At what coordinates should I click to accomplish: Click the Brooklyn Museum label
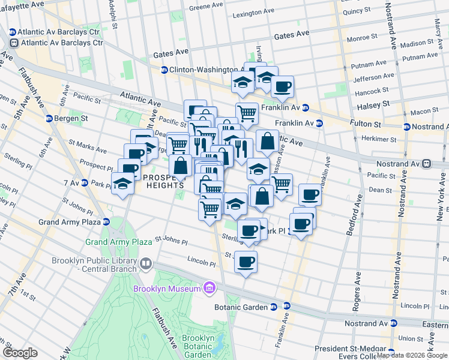[167, 289]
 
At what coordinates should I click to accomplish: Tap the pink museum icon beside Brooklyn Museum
[208, 289]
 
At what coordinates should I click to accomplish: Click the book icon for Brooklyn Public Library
[145, 264]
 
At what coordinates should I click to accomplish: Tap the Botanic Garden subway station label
[240, 307]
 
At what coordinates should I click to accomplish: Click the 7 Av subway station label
[71, 182]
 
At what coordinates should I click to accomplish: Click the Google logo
[20, 353]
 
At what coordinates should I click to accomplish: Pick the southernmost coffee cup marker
[245, 262]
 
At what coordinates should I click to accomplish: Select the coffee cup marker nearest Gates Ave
[282, 86]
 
